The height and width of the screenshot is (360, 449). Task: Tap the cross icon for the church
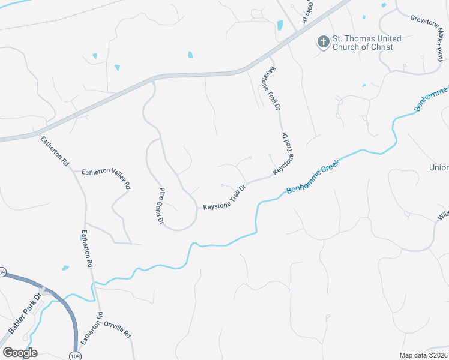pyautogui.click(x=323, y=41)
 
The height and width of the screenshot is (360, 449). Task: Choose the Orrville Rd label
pyautogui.click(x=117, y=329)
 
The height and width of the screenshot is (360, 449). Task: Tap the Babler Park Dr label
pyautogui.click(x=25, y=314)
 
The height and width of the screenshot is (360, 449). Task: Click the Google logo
pyautogui.click(x=19, y=353)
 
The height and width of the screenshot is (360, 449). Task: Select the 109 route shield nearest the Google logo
pyautogui.click(x=74, y=355)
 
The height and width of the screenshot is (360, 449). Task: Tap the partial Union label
pyautogui.click(x=439, y=167)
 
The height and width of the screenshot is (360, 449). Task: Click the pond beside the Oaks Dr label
pyautogui.click(x=280, y=25)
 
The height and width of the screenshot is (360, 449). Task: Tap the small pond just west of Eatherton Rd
pyautogui.click(x=65, y=268)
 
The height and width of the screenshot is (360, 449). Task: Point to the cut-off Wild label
pyautogui.click(x=444, y=215)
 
